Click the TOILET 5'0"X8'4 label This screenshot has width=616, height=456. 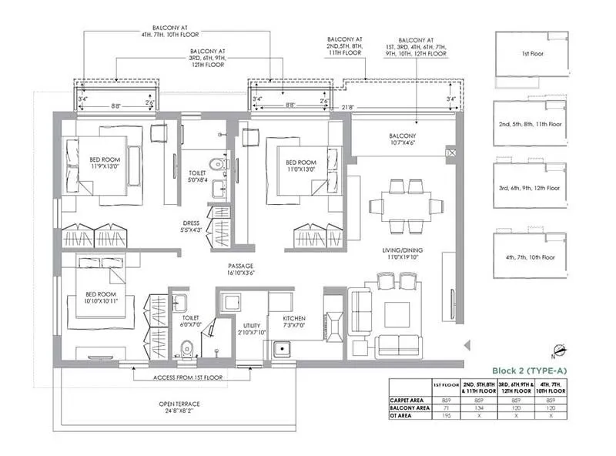(x=196, y=179)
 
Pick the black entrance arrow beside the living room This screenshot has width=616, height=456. (x=464, y=346)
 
